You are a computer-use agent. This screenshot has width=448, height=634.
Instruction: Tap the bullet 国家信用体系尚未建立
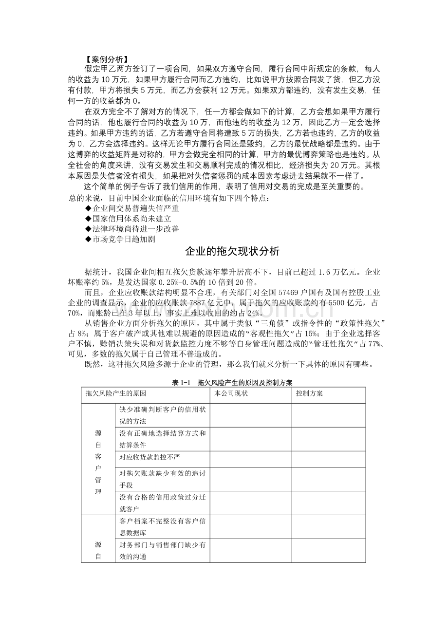click(128, 219)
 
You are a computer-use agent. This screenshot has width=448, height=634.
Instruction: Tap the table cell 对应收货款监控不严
click(147, 457)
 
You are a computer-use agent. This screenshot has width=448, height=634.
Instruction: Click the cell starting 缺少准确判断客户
click(163, 415)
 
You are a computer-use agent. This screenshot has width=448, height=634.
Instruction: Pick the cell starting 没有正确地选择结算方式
click(163, 439)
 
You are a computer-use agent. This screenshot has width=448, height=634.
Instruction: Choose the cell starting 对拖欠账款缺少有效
click(163, 479)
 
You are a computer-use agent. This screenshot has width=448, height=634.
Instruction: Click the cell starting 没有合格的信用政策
click(163, 503)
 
